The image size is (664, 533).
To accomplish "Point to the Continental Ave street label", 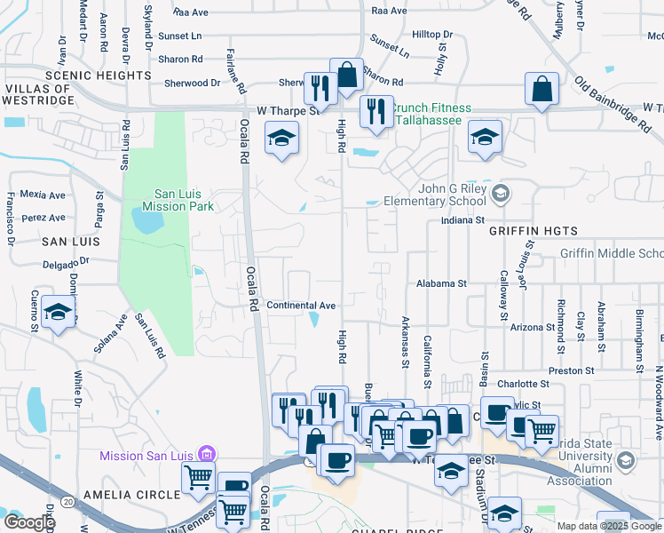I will pyautogui.click(x=301, y=305).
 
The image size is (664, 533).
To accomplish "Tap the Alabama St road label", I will pyautogui.click(x=441, y=283).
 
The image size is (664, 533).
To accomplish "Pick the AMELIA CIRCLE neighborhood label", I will pyautogui.click(x=119, y=494).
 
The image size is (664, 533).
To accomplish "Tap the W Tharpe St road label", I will pyautogui.click(x=287, y=111).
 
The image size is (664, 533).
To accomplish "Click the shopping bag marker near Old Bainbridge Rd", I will pyautogui.click(x=541, y=89).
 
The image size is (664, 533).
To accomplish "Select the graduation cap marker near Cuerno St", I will pyautogui.click(x=59, y=312).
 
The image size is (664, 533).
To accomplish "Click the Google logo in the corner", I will pyautogui.click(x=29, y=522).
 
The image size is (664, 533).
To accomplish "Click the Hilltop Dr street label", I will pyautogui.click(x=432, y=34).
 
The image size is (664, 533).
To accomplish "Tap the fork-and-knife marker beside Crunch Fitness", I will pyautogui.click(x=376, y=112).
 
